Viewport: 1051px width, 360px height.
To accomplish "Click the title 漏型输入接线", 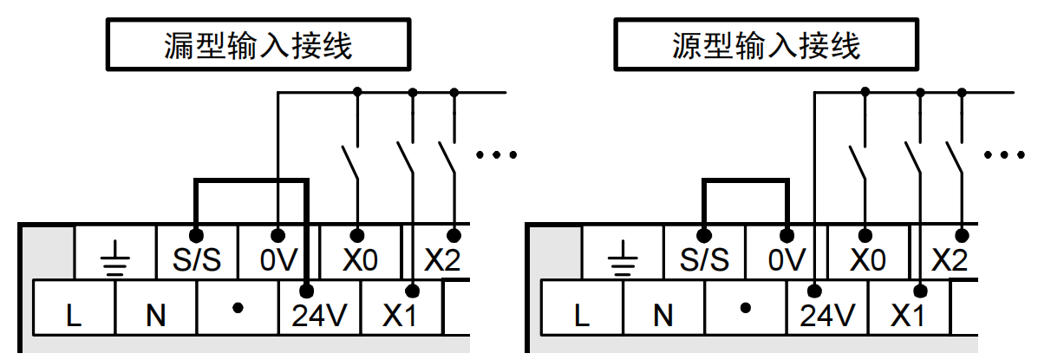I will point(258,45).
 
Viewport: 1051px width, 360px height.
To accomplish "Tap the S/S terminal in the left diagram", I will point(197,258).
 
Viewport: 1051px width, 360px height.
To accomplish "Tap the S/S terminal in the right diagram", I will point(704,258).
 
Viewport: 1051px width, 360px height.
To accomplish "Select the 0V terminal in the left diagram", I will point(278,258).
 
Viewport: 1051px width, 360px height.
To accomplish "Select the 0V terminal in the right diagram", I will point(787,258).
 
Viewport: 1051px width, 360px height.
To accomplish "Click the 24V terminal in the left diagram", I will point(318,314).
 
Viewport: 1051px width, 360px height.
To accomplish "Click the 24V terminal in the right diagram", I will point(826,314).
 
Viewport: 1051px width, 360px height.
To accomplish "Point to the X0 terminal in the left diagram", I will point(359,258).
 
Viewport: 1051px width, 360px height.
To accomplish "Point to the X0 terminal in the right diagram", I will point(867,258).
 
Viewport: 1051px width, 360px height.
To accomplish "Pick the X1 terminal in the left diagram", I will point(400,314).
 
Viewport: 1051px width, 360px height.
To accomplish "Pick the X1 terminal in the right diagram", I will point(908,314).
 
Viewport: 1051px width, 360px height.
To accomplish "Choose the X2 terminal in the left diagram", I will point(441,258).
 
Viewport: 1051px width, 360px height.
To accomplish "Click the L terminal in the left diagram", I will point(75,314).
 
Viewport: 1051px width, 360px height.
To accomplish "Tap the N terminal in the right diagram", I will point(663,314).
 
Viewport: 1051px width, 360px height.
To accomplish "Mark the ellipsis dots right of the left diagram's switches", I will point(497,155).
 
